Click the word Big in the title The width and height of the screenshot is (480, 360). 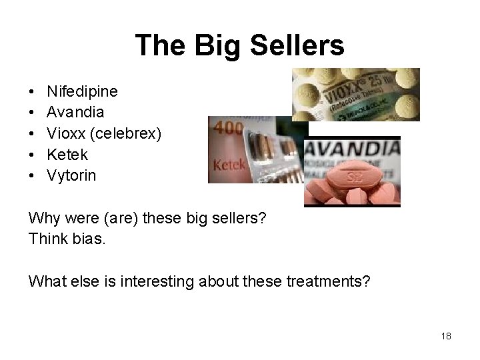pyautogui.click(x=223, y=46)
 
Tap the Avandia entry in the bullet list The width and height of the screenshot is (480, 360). pyautogui.click(x=75, y=111)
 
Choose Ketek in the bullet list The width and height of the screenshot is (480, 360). pyautogui.click(x=67, y=154)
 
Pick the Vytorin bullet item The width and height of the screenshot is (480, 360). pyautogui.click(x=71, y=176)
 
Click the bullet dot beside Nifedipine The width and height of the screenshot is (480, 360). pyautogui.click(x=31, y=89)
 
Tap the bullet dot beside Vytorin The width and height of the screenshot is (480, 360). pyautogui.click(x=31, y=176)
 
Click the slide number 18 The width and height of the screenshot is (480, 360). pyautogui.click(x=446, y=336)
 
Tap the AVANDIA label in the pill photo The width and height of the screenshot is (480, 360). pyautogui.click(x=352, y=148)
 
